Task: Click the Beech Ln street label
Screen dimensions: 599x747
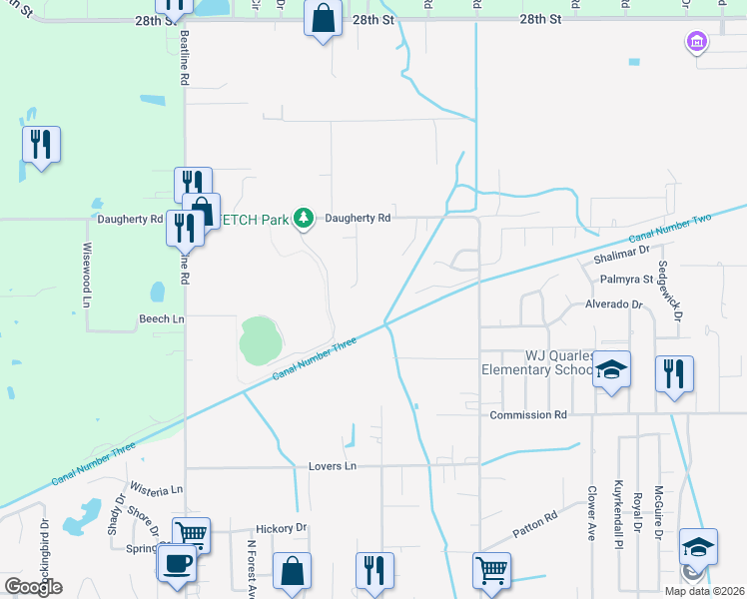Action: click(x=161, y=318)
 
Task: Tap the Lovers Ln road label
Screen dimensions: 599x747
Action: click(x=334, y=466)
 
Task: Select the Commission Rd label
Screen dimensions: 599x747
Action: click(x=528, y=414)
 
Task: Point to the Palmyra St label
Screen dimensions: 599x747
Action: click(x=627, y=279)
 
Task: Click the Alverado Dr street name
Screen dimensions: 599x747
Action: click(x=614, y=304)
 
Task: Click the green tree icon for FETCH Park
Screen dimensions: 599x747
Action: click(x=304, y=218)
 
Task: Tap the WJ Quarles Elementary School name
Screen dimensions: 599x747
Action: click(x=539, y=362)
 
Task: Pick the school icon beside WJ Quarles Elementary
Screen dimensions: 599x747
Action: click(x=612, y=370)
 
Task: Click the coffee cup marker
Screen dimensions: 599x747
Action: click(x=177, y=563)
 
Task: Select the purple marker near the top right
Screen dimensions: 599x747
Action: click(x=696, y=42)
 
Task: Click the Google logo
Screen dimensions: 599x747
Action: click(x=33, y=587)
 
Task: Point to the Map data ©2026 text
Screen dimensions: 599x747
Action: click(x=702, y=591)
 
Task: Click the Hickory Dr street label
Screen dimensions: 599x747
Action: click(x=281, y=528)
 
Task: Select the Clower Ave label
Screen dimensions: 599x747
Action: click(x=591, y=513)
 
